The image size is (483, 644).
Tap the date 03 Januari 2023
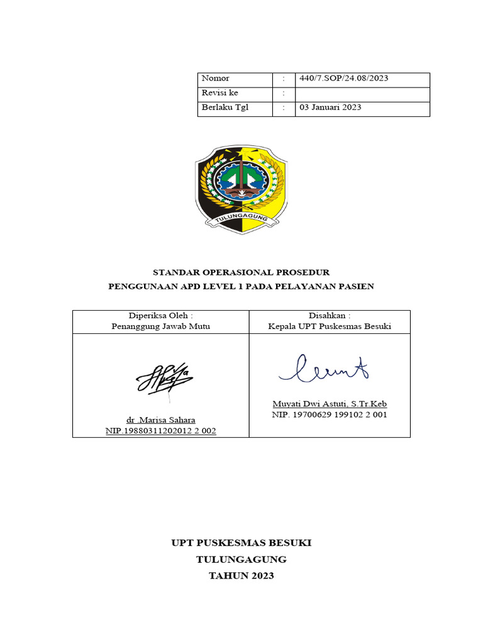330,108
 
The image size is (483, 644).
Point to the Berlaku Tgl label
225,108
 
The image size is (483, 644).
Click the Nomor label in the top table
215,79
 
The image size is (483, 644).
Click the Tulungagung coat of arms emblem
241,187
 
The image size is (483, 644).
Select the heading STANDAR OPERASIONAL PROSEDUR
241,272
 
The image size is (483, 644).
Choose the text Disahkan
330,316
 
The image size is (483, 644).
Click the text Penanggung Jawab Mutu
160,326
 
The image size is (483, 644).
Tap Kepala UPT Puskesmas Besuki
330,326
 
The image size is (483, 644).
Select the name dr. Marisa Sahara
160,419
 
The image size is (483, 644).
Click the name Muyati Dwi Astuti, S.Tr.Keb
330,404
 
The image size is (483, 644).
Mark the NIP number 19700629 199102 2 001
330,415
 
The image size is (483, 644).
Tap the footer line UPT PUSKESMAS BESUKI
241,543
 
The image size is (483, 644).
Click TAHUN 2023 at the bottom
241,575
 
